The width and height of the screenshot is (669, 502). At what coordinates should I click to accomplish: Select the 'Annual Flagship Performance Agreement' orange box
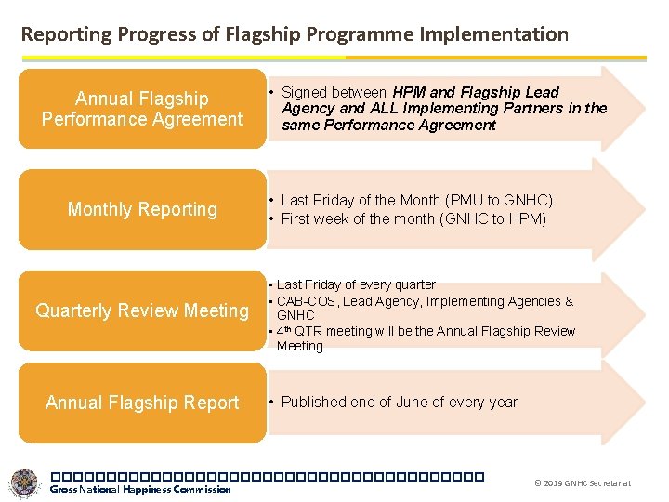click(x=142, y=109)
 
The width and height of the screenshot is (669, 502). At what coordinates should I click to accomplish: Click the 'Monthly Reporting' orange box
click(x=142, y=209)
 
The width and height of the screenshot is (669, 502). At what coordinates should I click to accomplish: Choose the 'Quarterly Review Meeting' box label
click(x=142, y=310)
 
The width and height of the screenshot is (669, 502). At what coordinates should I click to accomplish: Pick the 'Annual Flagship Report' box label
click(x=142, y=403)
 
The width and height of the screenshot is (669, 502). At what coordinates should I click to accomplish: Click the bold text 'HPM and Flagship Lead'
click(x=476, y=92)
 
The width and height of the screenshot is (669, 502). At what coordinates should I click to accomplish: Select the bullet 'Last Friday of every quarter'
click(x=356, y=284)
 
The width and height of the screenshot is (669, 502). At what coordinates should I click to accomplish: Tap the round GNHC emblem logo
click(x=24, y=482)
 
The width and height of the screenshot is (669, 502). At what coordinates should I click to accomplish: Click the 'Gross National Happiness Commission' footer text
click(x=140, y=490)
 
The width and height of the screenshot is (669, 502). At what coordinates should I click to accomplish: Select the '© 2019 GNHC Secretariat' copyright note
click(x=583, y=483)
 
